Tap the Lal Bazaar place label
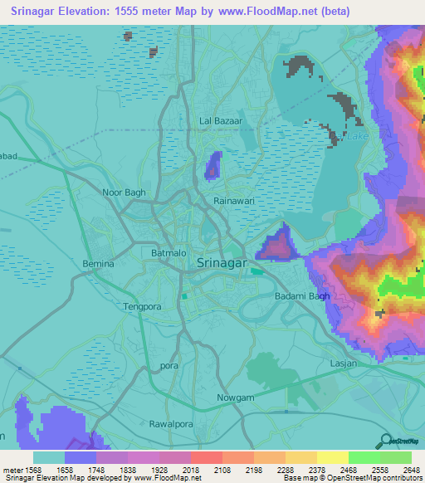(x=221, y=121)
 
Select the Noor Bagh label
(x=123, y=193)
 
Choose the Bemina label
(x=98, y=264)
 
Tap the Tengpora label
(x=142, y=306)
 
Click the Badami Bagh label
(x=303, y=296)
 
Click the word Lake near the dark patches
(x=357, y=136)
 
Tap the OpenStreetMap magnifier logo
(x=384, y=441)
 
